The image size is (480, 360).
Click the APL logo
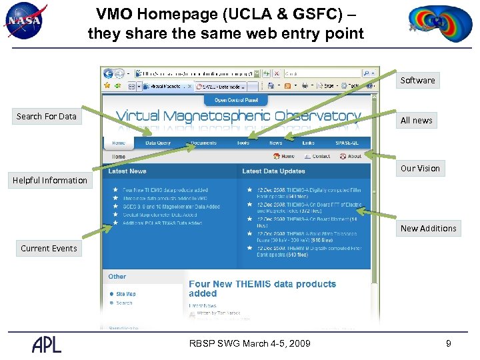[47, 343]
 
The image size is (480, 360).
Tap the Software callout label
[417, 81]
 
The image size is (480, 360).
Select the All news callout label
[416, 121]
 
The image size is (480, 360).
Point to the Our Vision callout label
[420, 169]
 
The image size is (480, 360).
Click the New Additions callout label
[428, 229]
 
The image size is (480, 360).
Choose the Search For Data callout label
[47, 117]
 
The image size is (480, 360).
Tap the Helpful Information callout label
[50, 181]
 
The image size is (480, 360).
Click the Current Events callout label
[49, 249]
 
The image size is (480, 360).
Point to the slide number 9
[449, 343]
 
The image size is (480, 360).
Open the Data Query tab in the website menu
[158, 143]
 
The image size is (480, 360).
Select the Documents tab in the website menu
[203, 143]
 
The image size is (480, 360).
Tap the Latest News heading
[127, 171]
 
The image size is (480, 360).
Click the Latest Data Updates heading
[273, 171]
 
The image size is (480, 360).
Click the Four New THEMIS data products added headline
[262, 289]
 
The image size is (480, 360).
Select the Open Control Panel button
[236, 100]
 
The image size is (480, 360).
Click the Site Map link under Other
[126, 293]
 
